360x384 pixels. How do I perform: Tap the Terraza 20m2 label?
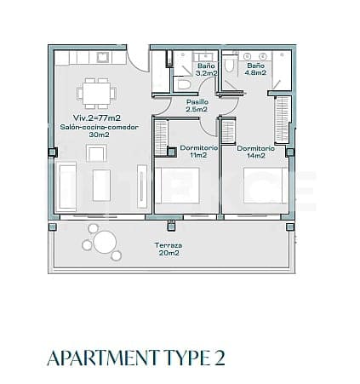click(167, 249)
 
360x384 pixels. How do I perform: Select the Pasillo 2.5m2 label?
click(197, 106)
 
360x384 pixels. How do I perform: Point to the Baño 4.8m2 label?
click(255, 71)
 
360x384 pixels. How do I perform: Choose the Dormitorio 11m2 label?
click(198, 152)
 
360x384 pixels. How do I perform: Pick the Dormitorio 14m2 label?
click(255, 152)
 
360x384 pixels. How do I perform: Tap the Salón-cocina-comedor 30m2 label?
click(96, 130)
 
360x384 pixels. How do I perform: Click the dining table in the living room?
click(96, 89)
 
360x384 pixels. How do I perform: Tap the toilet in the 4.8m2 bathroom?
click(230, 67)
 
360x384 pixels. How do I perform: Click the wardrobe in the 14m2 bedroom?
click(283, 118)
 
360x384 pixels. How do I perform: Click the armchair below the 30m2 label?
click(96, 153)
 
